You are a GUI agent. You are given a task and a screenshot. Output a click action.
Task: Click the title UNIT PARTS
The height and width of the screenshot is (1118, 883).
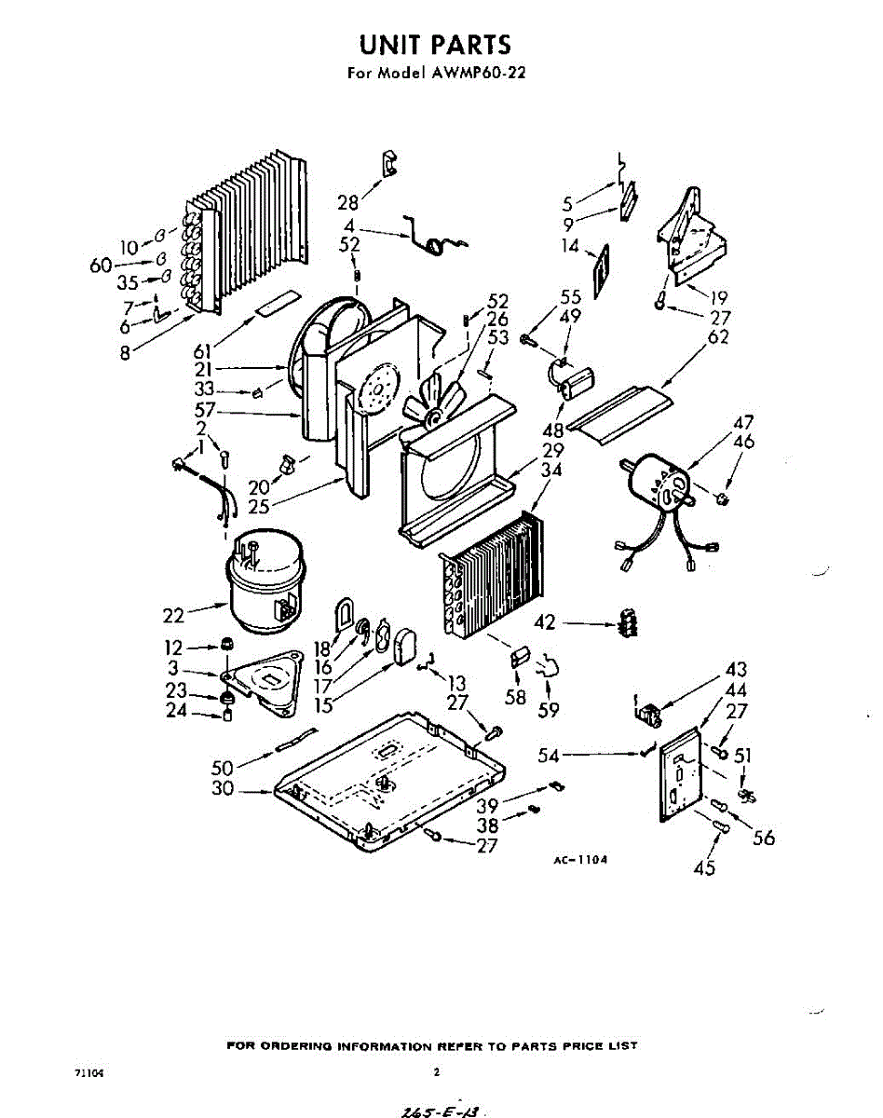pyautogui.click(x=435, y=45)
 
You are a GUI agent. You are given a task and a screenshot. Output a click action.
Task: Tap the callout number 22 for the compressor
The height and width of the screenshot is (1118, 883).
pyautogui.click(x=173, y=615)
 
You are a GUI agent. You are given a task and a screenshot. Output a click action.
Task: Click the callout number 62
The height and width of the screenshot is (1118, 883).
pyautogui.click(x=717, y=336)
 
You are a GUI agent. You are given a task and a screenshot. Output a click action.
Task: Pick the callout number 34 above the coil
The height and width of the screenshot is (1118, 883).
pyautogui.click(x=550, y=470)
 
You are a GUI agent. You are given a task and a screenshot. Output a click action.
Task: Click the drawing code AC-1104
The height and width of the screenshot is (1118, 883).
pyautogui.click(x=580, y=860)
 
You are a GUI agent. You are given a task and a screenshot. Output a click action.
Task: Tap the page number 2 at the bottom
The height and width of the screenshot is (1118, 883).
pyautogui.click(x=436, y=1072)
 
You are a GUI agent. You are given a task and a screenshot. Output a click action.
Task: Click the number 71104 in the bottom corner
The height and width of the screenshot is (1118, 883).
pyautogui.click(x=88, y=1073)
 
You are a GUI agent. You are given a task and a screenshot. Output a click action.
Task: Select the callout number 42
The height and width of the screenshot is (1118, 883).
pyautogui.click(x=546, y=622)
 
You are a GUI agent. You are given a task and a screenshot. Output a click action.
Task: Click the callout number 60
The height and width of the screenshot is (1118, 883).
pyautogui.click(x=101, y=266)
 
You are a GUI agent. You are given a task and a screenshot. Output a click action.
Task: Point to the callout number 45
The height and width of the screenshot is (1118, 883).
pyautogui.click(x=705, y=867)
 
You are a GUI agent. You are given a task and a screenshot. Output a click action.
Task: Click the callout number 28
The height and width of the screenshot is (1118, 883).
pyautogui.click(x=348, y=202)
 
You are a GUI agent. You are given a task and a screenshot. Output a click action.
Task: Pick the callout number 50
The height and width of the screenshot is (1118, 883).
pyautogui.click(x=222, y=767)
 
